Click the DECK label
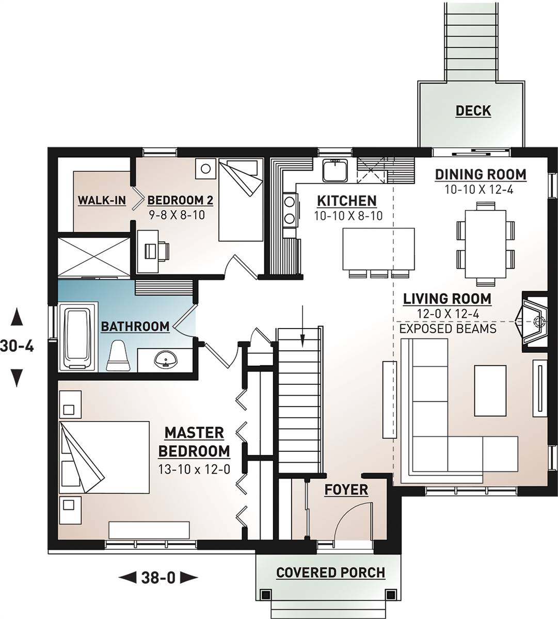click(x=473, y=110)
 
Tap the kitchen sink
click(x=335, y=170)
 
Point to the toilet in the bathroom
click(x=118, y=355)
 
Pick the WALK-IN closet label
click(x=102, y=200)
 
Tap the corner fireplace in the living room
click(x=533, y=321)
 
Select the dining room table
click(x=485, y=244)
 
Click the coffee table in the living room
click(x=490, y=390)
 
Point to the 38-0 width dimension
click(x=158, y=577)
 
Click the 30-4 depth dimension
click(x=17, y=347)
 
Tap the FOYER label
click(x=346, y=490)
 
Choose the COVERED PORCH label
click(x=331, y=573)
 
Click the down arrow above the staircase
click(x=302, y=327)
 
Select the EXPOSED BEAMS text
click(x=448, y=329)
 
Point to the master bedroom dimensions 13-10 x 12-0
click(x=194, y=469)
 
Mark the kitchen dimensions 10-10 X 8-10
click(x=348, y=216)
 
